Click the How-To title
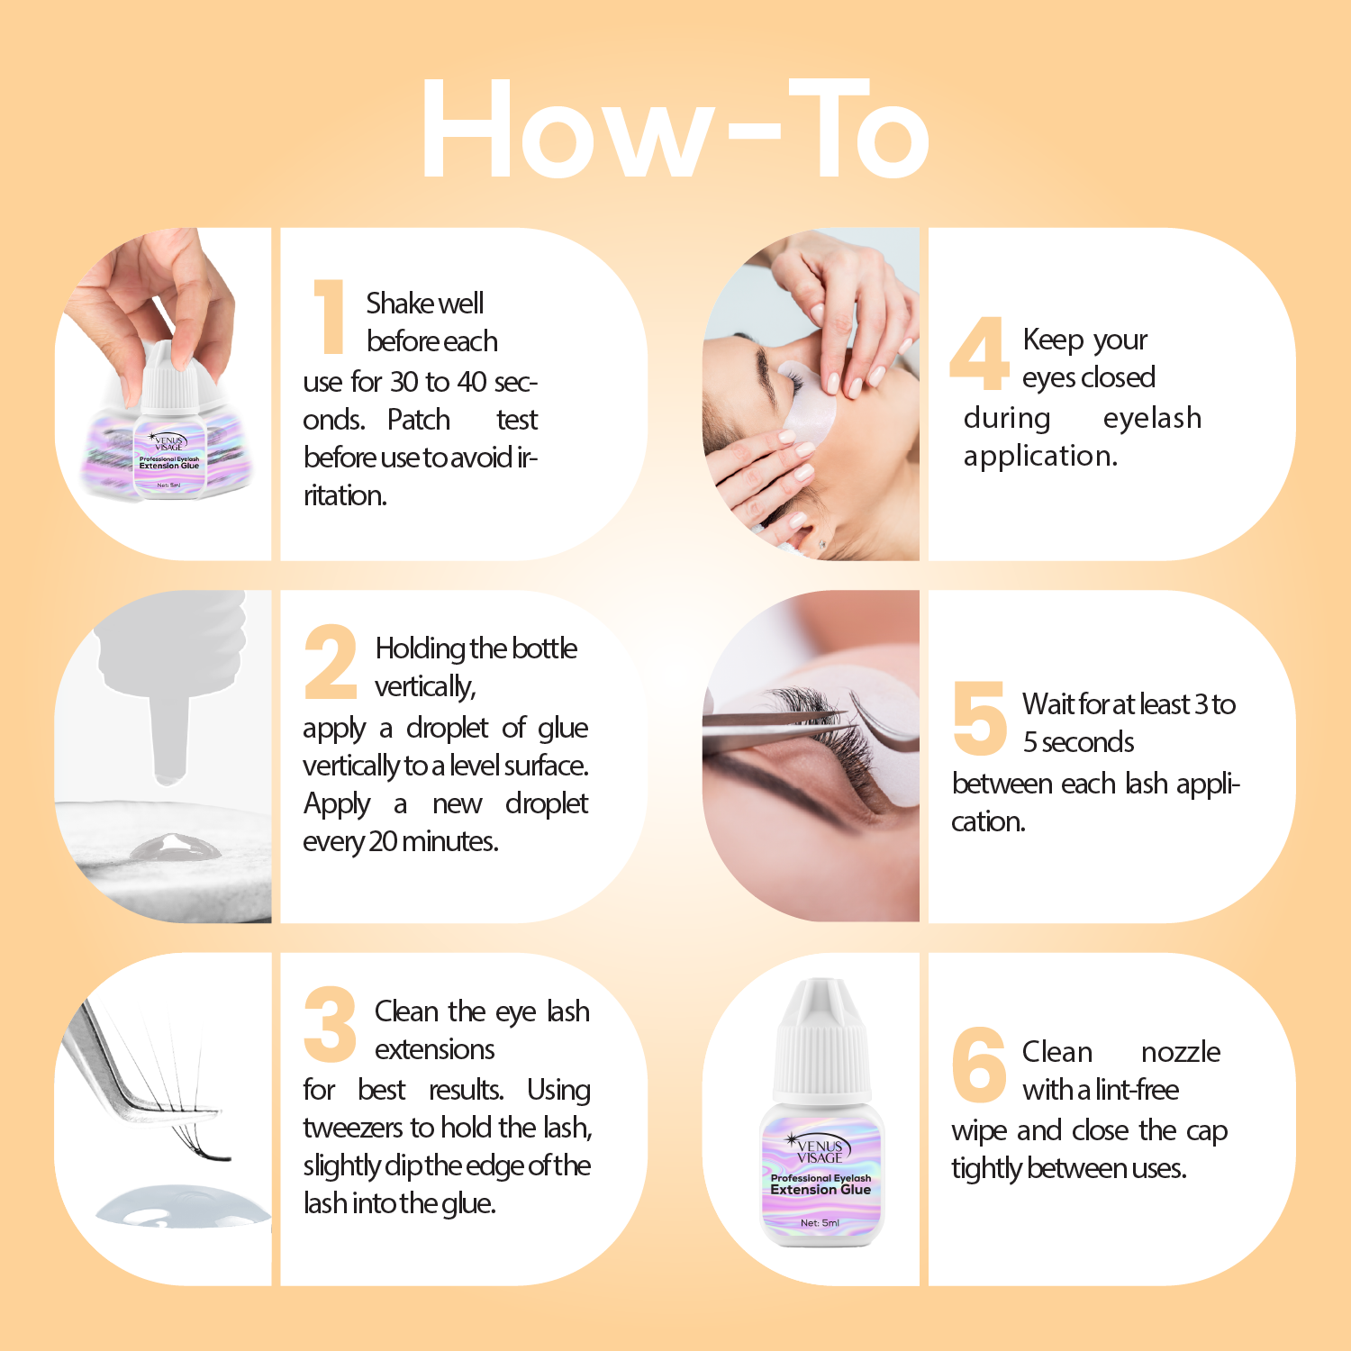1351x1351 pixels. click(x=675, y=128)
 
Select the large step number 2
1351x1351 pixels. click(x=331, y=663)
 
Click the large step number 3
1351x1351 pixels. click(x=331, y=1024)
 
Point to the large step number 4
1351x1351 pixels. click(x=978, y=353)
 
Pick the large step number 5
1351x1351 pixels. click(x=979, y=718)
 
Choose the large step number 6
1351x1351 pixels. click(x=979, y=1065)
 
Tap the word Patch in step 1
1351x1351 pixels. click(x=418, y=420)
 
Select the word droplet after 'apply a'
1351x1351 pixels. click(x=448, y=728)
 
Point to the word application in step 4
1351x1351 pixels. click(x=1040, y=457)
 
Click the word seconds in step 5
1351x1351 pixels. click(x=1087, y=742)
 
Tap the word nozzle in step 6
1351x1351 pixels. click(x=1180, y=1052)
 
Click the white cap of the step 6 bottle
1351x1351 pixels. click(x=821, y=1045)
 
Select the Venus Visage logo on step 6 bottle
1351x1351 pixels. click(x=819, y=1150)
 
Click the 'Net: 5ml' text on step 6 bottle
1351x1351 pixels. click(x=820, y=1223)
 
